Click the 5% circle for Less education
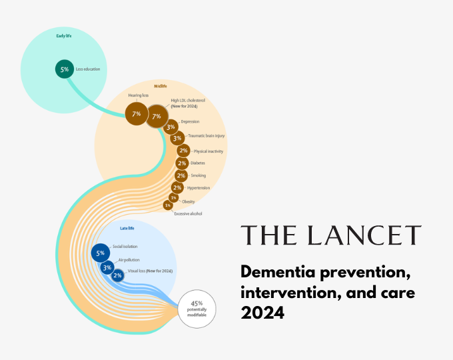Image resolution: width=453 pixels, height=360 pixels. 64,69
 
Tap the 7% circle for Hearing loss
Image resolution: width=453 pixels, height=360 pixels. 137,114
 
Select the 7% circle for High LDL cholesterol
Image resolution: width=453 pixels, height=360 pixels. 157,116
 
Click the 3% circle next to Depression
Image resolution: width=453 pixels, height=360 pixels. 171,127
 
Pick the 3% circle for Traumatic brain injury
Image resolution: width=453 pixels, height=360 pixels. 177,139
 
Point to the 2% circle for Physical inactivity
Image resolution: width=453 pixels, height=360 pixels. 183,151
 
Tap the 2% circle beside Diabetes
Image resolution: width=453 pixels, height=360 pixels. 181,163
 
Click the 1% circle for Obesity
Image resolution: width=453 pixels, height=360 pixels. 173,197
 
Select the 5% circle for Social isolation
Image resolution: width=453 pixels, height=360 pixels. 101,253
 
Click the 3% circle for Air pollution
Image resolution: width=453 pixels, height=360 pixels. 107,267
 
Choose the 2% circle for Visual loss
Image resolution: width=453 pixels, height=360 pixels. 117,275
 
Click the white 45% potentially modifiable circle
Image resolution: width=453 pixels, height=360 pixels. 198,309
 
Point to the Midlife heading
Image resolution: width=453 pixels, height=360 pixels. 161,86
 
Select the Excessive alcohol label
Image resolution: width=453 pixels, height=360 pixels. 188,213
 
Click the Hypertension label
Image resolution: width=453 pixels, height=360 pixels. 199,188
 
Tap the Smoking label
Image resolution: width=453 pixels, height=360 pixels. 199,175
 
